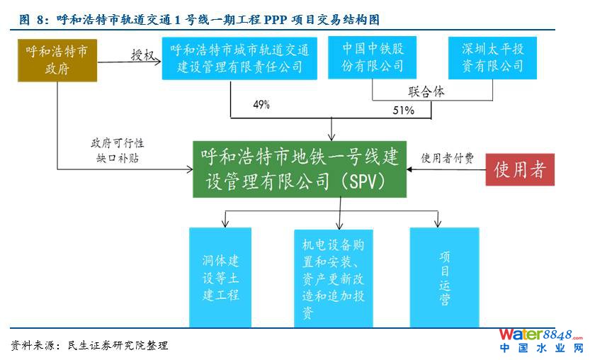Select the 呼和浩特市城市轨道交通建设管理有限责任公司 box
coord(240,59)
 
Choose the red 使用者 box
coord(520,169)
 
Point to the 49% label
coord(261,105)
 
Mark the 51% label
coord(403,111)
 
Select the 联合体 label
coord(426,91)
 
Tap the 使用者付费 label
coord(448,157)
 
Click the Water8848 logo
coord(540,339)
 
